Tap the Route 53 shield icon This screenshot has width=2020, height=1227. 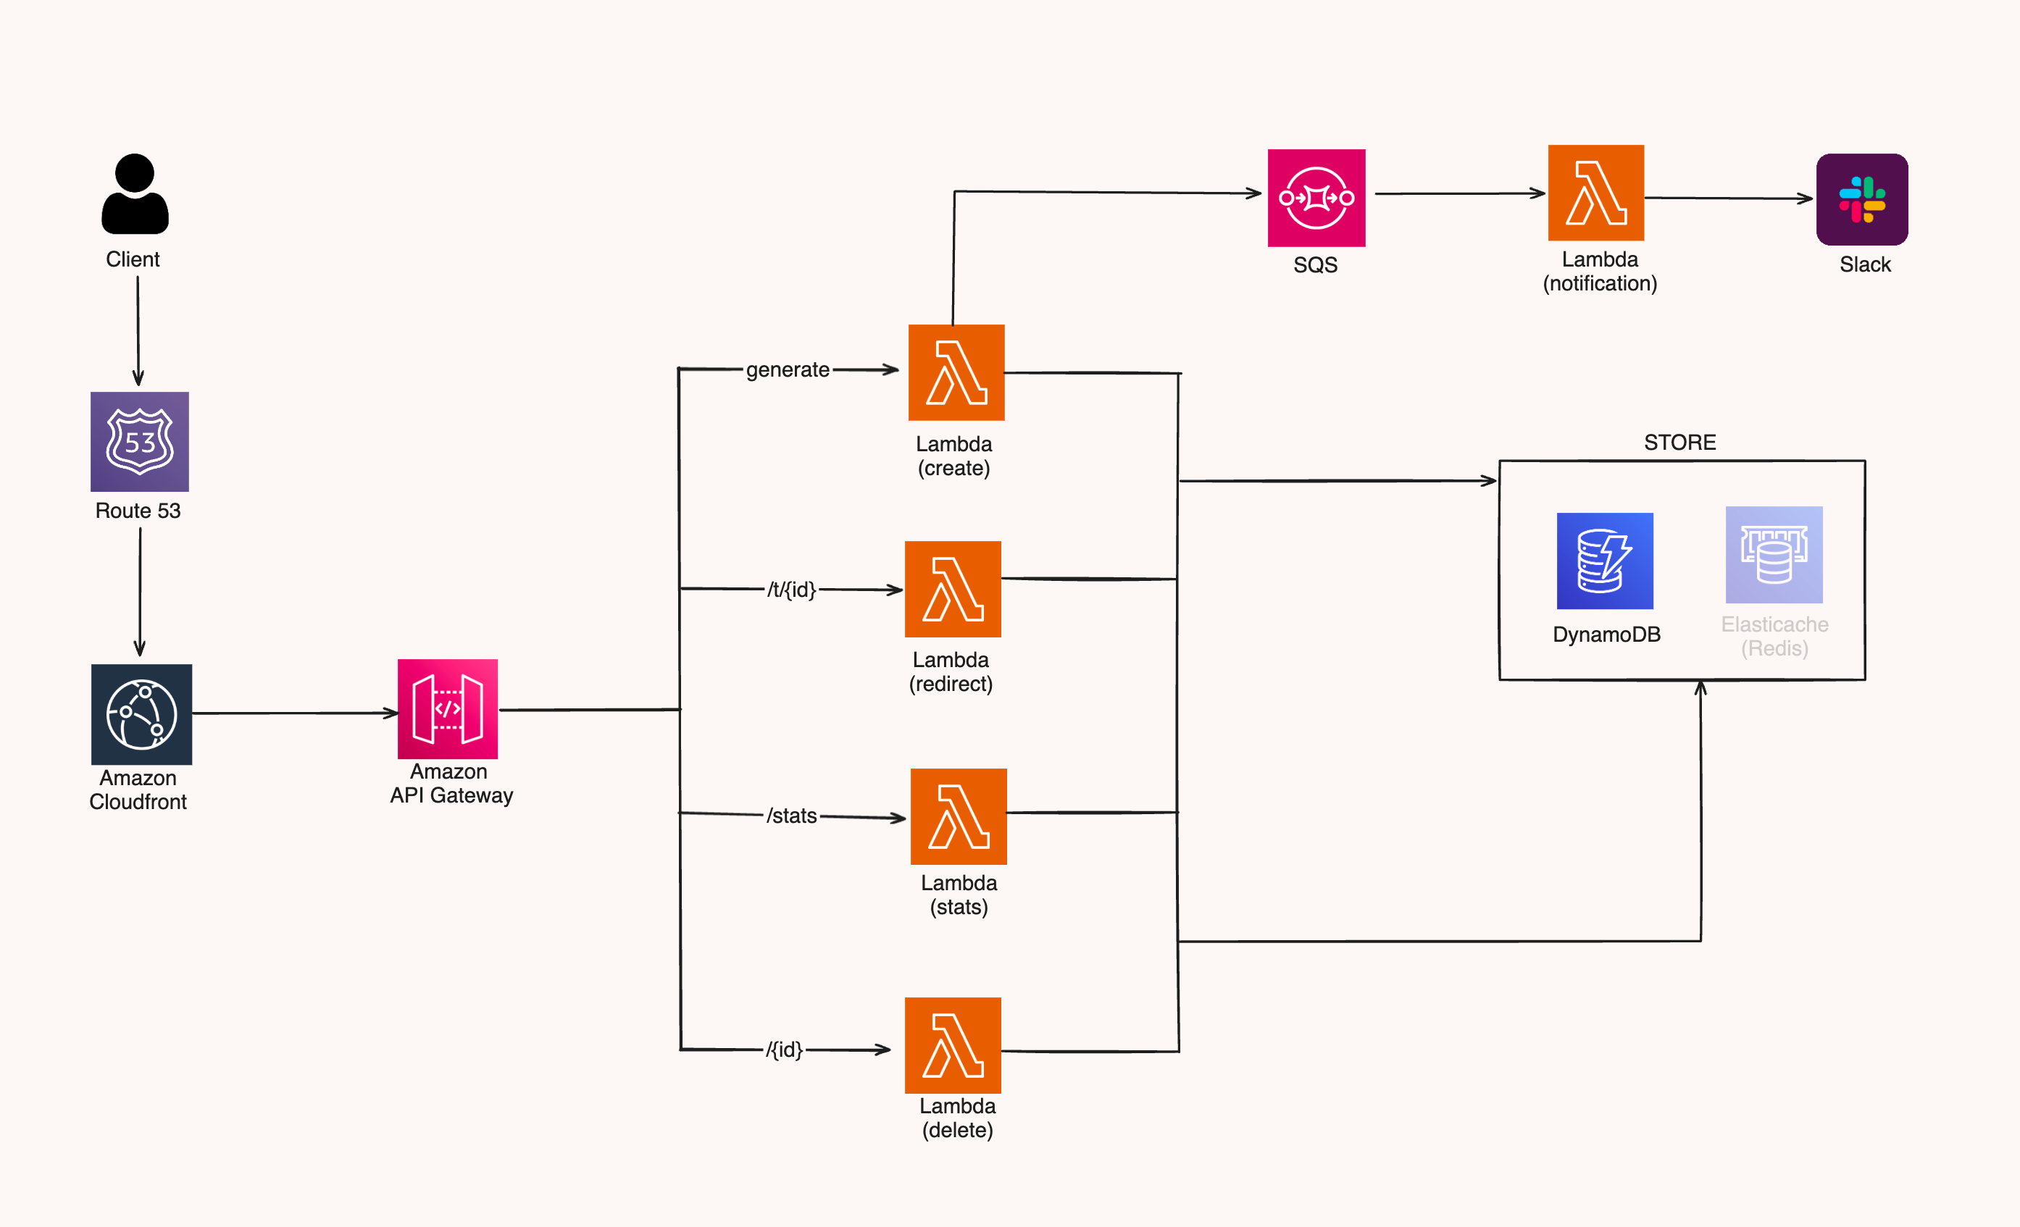(x=139, y=442)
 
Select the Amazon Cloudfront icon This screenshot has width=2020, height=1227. (x=141, y=714)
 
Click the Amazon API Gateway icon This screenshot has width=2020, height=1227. (x=448, y=709)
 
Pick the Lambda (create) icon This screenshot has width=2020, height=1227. (x=956, y=373)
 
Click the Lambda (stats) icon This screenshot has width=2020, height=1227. (x=959, y=816)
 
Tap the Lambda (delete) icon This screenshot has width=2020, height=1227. (x=953, y=1045)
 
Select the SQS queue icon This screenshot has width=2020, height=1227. (x=1316, y=198)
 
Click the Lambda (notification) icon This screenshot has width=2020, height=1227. (x=1595, y=193)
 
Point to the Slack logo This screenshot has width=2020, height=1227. (x=1862, y=199)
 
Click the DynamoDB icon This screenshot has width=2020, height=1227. (x=1604, y=561)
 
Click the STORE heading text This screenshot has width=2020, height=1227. (x=1679, y=443)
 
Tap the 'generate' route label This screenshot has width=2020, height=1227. (x=787, y=369)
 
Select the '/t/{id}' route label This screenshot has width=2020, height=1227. (x=791, y=590)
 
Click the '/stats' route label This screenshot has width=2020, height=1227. (x=791, y=816)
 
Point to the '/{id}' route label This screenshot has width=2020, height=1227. (x=784, y=1049)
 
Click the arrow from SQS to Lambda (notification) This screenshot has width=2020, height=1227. (x=1459, y=193)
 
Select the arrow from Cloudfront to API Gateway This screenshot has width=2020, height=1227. (x=295, y=713)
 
